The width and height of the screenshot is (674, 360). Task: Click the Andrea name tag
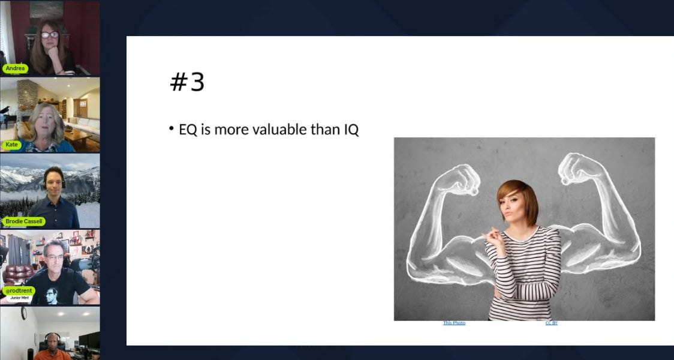pos(15,68)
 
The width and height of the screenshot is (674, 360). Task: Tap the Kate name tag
pos(11,145)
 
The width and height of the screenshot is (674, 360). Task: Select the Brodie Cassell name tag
pos(24,221)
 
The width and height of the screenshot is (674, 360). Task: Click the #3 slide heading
pos(187,83)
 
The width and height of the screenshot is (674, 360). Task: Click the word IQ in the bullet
pos(351,129)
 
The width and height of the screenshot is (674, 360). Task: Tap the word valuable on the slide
pos(277,129)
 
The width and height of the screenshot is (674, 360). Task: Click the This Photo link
pos(454,323)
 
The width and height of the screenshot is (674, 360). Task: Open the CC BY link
pos(551,323)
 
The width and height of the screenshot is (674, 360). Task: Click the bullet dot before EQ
pos(171,129)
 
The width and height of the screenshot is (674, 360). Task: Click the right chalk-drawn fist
pos(577,168)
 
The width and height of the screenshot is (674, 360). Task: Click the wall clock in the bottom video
pos(23,313)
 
